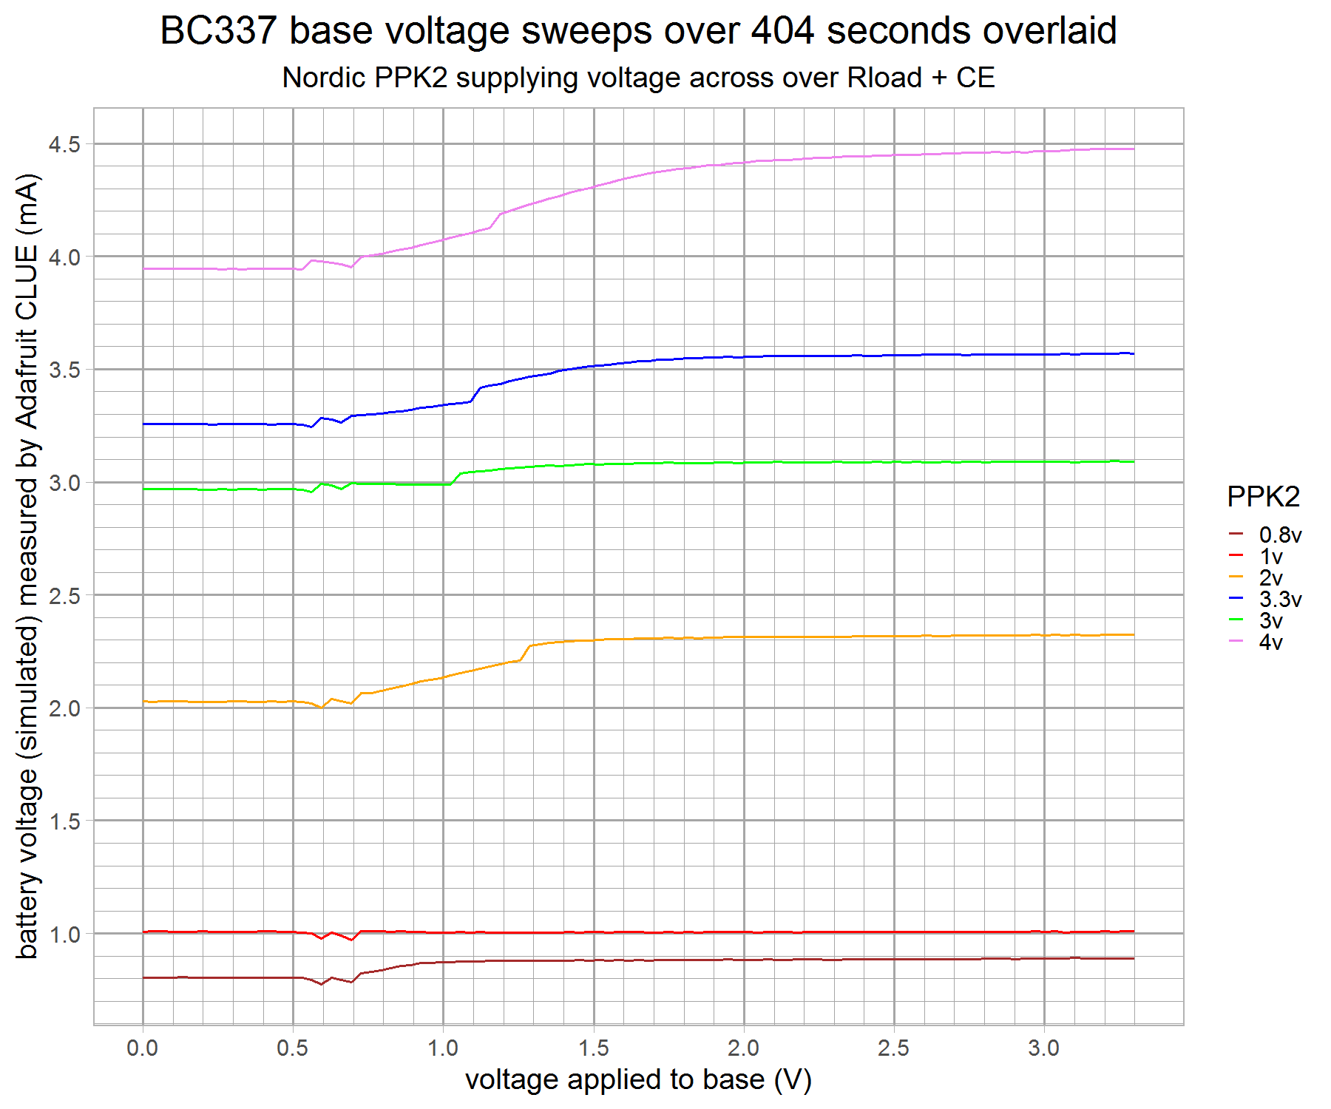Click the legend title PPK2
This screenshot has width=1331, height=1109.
pos(1263,497)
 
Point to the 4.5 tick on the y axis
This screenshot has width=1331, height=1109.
pos(64,145)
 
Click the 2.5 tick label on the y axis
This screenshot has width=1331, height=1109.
pos(64,596)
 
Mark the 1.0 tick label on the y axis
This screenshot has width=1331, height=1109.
pos(64,935)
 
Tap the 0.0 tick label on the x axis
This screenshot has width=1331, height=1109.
pos(143,1048)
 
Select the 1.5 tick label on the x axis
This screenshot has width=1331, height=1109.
pos(593,1048)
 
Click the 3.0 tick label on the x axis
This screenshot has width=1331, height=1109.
pos(1043,1048)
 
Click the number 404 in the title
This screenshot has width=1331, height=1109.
pos(782,31)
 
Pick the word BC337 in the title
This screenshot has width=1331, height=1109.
pos(218,31)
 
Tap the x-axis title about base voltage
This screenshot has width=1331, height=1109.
pos(638,1080)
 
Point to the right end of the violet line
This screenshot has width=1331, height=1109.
pos(1133,149)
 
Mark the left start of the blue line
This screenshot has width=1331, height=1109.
pos(144,424)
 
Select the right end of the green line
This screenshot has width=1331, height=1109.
pos(1133,462)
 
